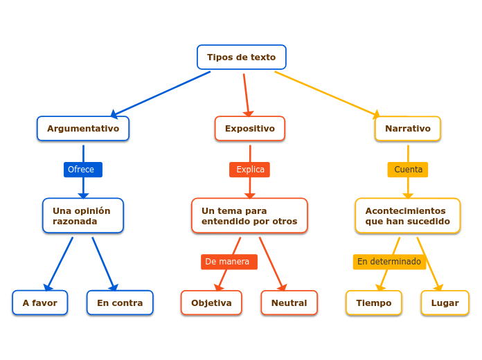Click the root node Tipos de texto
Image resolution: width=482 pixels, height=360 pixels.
point(241,57)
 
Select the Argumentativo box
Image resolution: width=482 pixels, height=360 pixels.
point(83,129)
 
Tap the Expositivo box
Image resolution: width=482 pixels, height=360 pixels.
point(249,129)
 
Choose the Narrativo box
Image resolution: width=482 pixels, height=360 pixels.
point(408,129)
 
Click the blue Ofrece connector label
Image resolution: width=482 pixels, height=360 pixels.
point(82,170)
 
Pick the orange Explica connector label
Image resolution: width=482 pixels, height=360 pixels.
point(250,170)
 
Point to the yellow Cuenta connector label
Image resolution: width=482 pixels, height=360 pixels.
point(408,170)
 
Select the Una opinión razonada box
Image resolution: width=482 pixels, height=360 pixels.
point(83,216)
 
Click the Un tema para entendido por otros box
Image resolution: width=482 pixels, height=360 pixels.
point(249,216)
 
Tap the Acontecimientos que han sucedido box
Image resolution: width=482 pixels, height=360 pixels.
point(408,216)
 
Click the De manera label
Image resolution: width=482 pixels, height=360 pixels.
point(229,262)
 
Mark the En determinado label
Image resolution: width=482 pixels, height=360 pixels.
point(389,262)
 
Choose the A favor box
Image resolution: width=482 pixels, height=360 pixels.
point(40,303)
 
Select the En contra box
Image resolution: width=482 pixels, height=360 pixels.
point(120,303)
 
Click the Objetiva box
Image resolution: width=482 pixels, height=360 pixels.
point(211,303)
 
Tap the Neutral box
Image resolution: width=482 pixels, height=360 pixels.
point(289,303)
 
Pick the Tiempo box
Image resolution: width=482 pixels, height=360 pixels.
point(374,303)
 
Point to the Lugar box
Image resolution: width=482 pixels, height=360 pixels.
point(445,303)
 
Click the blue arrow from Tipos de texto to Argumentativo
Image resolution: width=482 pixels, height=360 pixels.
point(161,93)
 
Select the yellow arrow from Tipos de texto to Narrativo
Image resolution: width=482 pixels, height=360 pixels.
point(325,93)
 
